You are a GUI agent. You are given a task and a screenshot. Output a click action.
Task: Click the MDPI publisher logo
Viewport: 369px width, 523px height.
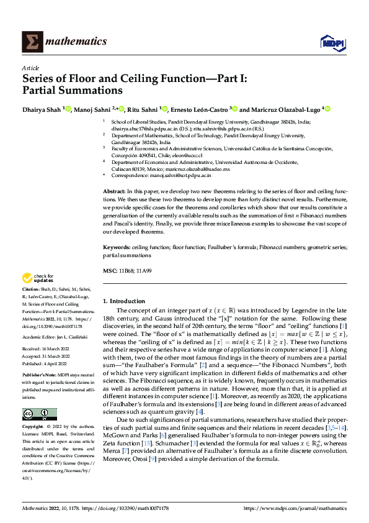click(x=331, y=42)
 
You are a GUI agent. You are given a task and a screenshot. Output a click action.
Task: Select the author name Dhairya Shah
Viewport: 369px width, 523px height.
click(x=43, y=109)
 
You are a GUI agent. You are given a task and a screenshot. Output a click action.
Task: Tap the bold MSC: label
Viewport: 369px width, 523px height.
click(x=110, y=271)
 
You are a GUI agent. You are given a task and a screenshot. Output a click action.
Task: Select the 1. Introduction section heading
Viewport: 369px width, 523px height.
click(x=124, y=301)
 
